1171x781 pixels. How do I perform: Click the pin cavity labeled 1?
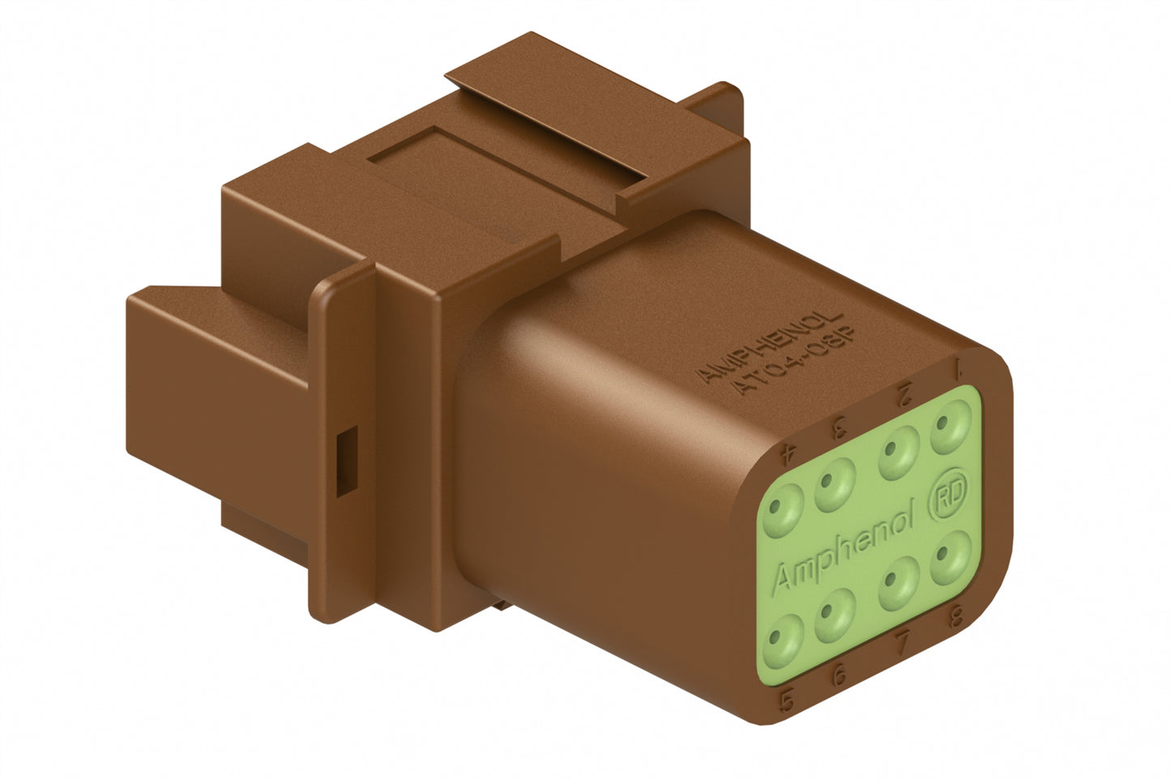(951, 429)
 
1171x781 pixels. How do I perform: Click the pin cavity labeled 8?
(950, 560)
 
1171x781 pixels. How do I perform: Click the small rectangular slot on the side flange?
(344, 461)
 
